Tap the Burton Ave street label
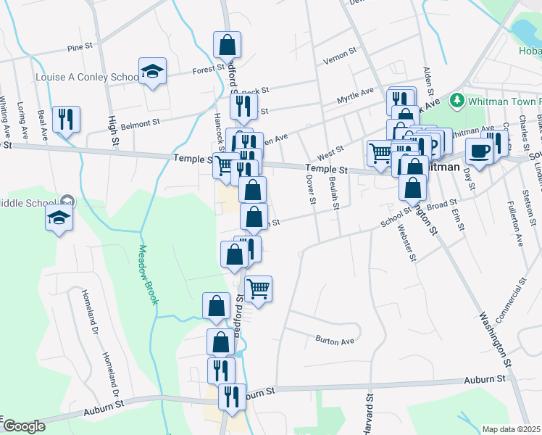click(334, 339)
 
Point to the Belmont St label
click(140, 125)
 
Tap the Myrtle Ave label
click(355, 95)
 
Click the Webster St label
click(406, 243)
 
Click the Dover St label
click(312, 188)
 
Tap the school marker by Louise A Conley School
click(152, 71)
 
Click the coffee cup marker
click(478, 152)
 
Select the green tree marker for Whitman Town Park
click(456, 99)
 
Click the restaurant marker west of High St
click(67, 120)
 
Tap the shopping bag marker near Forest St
click(228, 45)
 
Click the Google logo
click(24, 426)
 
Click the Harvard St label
click(368, 410)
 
